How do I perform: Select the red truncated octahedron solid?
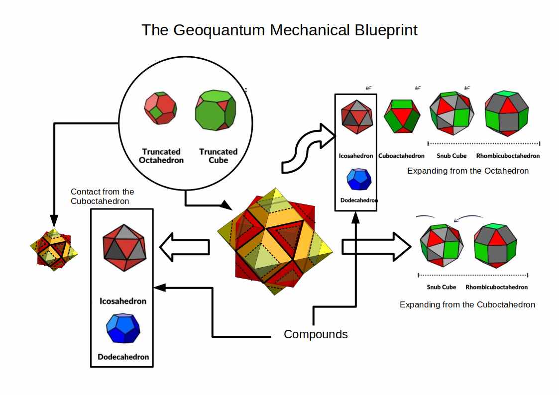coord(160,108)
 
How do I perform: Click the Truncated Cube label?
coord(218,156)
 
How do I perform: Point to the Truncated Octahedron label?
coord(161,156)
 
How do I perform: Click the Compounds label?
coord(316,334)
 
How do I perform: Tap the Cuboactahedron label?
coord(401,156)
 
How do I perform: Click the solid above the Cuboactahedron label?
coord(401,116)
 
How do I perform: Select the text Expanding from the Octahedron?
coord(467,171)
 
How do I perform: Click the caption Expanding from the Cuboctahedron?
coord(467,304)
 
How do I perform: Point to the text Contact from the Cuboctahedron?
coord(103,196)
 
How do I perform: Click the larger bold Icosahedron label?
coord(123,301)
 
